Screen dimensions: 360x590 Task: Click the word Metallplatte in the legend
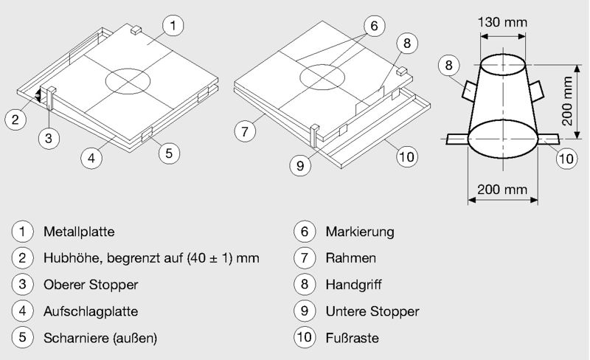(x=79, y=232)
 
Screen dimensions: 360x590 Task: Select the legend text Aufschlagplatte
(x=91, y=311)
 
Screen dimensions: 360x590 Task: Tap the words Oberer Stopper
(x=91, y=285)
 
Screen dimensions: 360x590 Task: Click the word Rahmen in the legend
(x=351, y=258)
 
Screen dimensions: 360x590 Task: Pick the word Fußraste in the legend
(x=351, y=338)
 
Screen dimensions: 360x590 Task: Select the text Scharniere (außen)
(x=100, y=338)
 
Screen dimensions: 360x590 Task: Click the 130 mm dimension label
(x=502, y=21)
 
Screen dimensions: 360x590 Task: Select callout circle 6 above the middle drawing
(x=374, y=27)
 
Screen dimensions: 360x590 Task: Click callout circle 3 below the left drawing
(x=49, y=138)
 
